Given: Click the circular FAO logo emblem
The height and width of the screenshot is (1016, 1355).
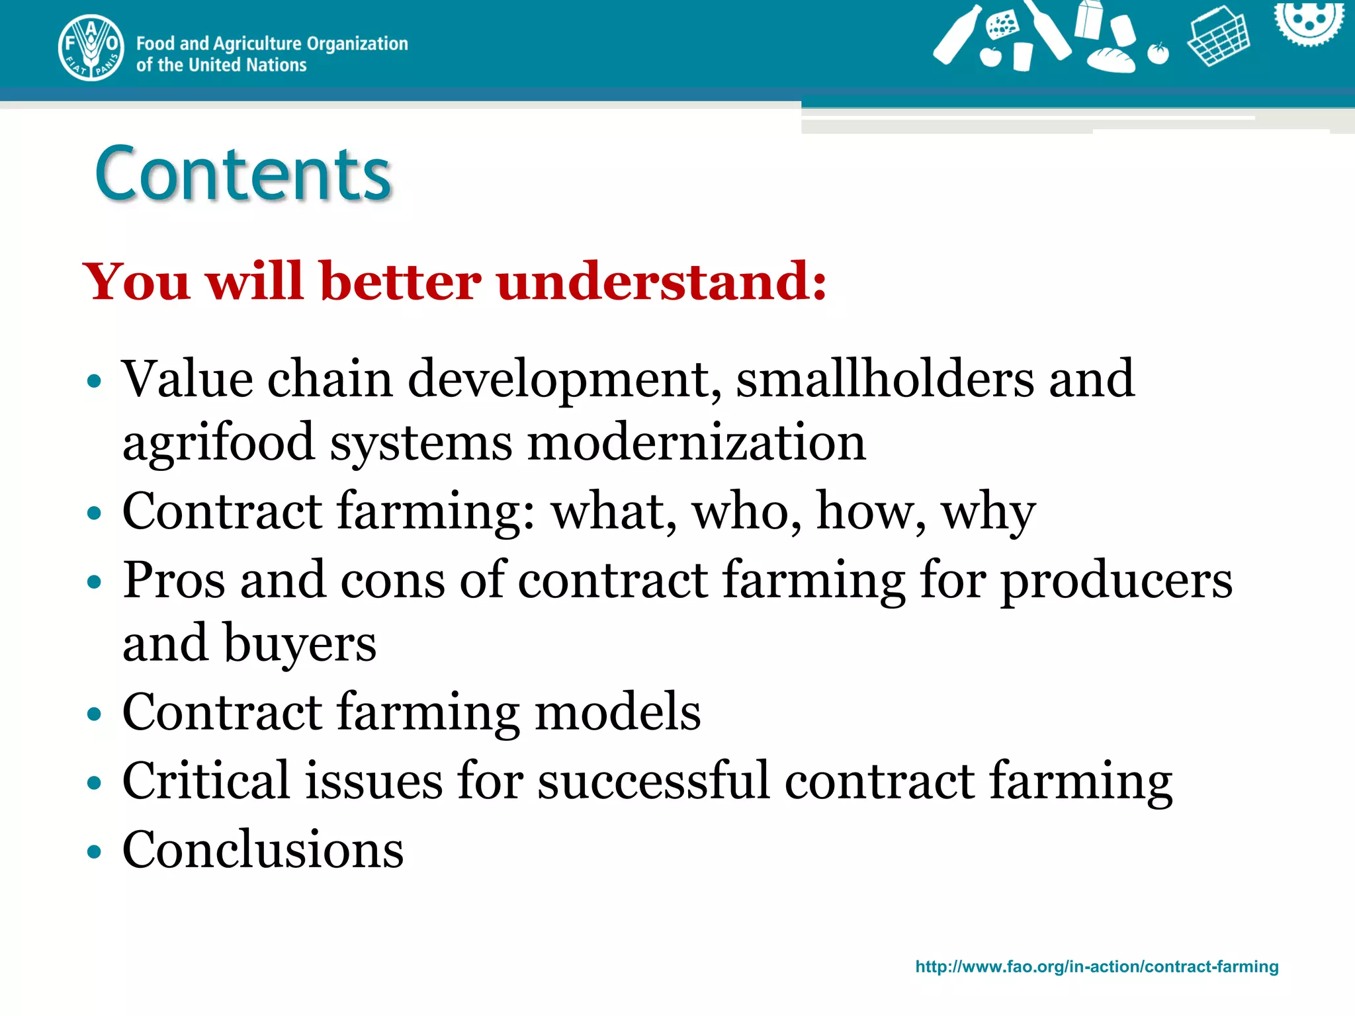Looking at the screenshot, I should (91, 48).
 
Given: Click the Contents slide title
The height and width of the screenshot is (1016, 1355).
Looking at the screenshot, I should (243, 173).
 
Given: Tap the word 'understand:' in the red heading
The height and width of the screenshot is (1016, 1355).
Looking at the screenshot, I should (662, 281).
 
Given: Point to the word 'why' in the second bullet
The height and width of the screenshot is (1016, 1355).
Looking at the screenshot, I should (988, 512).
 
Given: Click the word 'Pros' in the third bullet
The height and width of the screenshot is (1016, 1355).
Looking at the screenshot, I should (174, 580).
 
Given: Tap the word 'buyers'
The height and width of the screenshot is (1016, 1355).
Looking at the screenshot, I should (300, 644).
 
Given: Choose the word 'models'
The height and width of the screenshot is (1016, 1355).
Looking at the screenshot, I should (617, 712).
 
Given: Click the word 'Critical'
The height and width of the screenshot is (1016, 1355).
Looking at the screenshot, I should (206, 781).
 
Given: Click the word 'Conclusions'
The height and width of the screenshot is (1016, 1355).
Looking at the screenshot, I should (263, 850).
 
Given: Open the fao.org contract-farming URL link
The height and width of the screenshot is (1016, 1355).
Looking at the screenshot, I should (1096, 966).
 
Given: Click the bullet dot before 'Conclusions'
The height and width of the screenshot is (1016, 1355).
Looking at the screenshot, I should (95, 851).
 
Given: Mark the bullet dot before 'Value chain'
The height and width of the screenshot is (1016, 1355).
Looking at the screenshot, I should (95, 381).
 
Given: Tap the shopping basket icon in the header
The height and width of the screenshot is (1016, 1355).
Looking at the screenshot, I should (1218, 36).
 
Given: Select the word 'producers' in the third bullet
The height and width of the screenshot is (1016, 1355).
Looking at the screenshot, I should (1116, 580).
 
